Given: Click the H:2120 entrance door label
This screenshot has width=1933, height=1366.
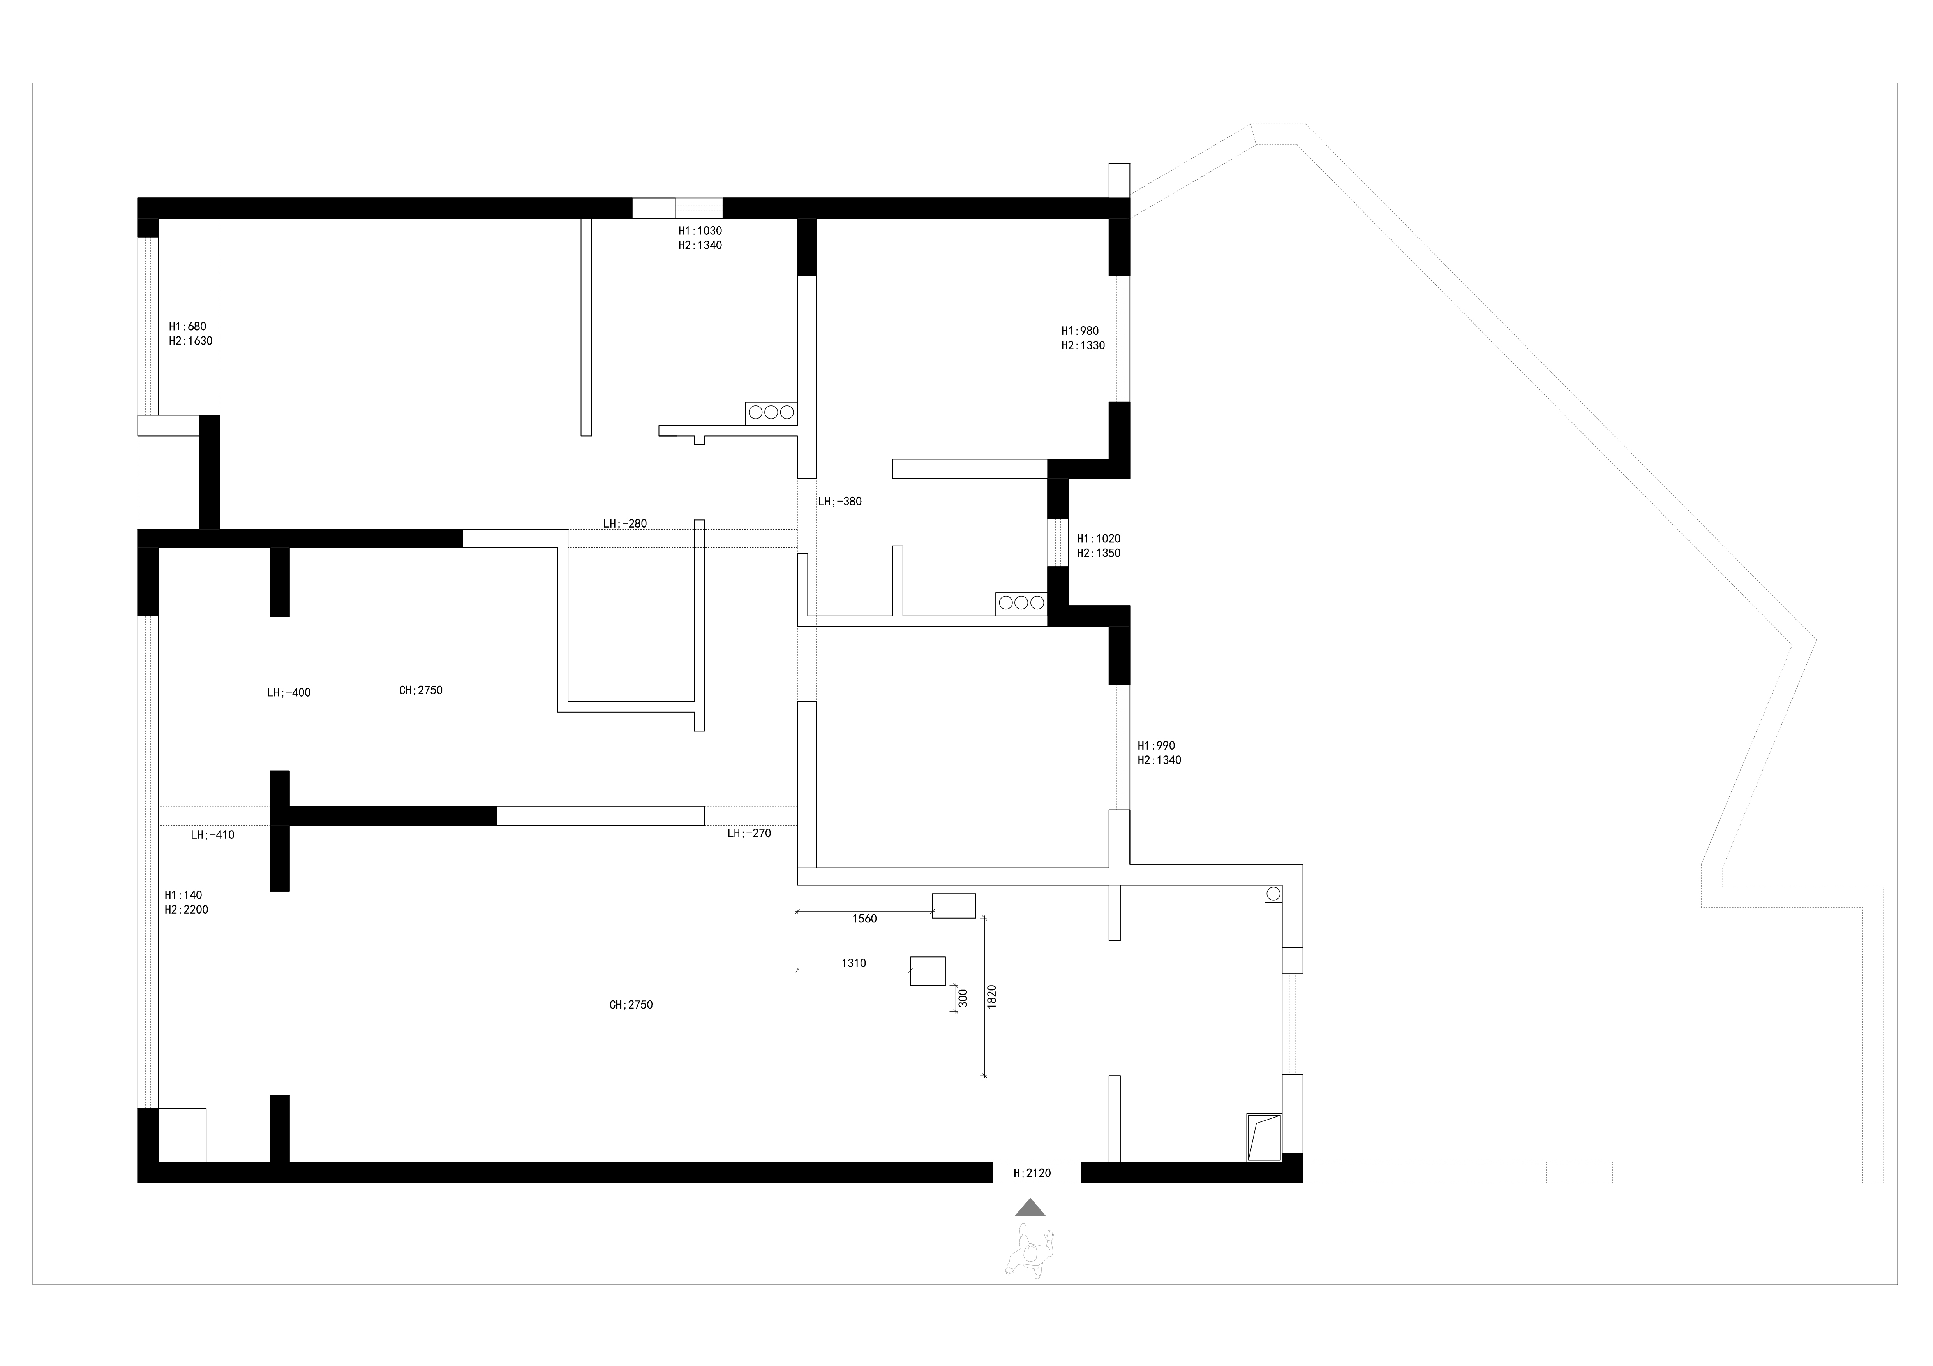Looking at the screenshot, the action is (x=1032, y=1172).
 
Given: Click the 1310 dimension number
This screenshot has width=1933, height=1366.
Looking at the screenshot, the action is (x=854, y=964).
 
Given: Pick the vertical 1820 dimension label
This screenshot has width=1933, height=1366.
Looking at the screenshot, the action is (x=992, y=996).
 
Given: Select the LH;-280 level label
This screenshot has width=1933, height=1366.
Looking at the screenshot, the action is (x=625, y=523).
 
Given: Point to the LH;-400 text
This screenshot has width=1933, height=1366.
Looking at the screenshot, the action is (x=289, y=693).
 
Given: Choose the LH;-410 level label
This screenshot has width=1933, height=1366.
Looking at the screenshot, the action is (x=212, y=835).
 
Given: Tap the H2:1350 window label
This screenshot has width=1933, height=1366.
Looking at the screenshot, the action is (x=1099, y=554).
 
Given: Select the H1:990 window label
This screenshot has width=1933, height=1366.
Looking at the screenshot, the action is (x=1156, y=746).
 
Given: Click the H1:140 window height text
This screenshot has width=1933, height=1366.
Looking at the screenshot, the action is (x=183, y=896).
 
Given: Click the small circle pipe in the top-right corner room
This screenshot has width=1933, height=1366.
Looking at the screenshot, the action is (x=1273, y=894).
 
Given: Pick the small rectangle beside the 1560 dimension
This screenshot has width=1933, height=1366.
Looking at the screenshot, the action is (x=954, y=906).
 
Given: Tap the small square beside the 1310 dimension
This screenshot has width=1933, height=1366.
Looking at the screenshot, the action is (x=928, y=970).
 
